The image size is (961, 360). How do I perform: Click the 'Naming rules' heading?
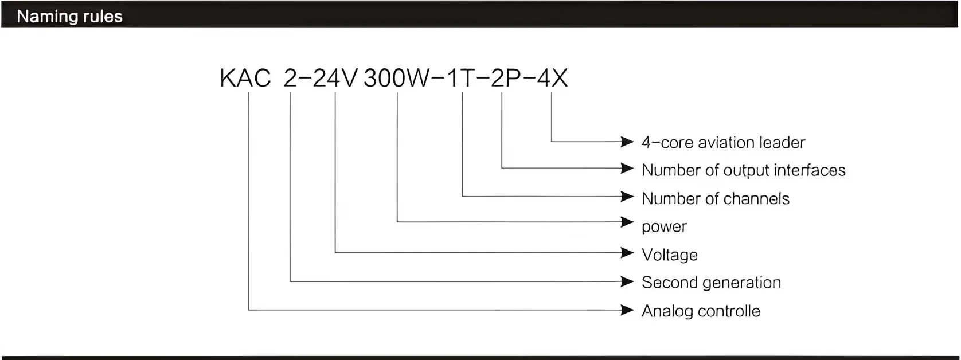point(69,16)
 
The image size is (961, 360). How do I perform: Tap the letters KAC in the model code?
point(245,78)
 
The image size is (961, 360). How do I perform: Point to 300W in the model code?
point(396,78)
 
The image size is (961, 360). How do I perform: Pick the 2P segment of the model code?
point(505,78)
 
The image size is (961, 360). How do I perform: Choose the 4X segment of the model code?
point(552,78)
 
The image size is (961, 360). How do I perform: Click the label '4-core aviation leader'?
point(723,142)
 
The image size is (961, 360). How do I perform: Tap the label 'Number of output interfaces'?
point(743,170)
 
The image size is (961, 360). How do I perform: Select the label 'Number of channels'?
point(715,198)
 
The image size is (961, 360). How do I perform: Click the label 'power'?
point(664,226)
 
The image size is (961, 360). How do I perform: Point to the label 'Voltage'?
point(669,255)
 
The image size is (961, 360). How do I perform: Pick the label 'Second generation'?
point(711,283)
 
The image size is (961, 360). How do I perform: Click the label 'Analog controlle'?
point(701,311)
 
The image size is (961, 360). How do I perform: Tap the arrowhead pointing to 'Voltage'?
point(627,253)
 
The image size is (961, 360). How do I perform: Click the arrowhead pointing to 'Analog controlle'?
point(627,310)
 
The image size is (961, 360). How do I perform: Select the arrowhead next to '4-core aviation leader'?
point(627,142)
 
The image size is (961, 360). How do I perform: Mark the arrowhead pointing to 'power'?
point(627,222)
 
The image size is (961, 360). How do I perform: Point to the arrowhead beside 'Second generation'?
point(627,281)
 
